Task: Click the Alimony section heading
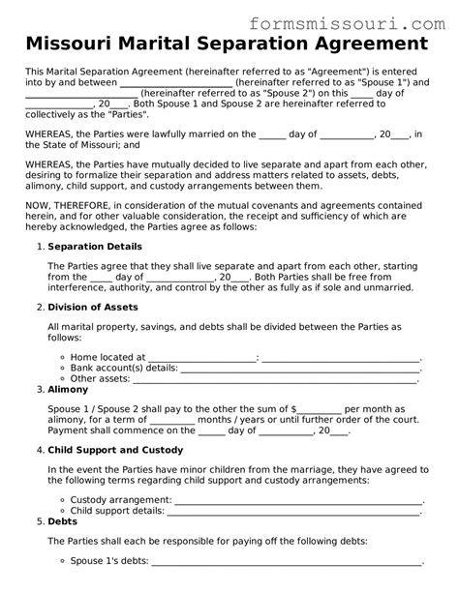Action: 69,390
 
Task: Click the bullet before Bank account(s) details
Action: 63,368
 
